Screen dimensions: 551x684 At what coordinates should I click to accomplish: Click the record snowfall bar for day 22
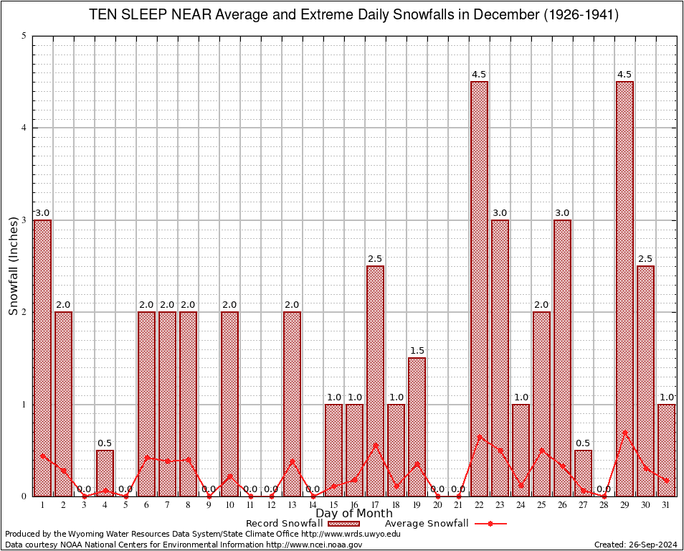tap(479, 287)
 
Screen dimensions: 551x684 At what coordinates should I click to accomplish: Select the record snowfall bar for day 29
tap(624, 287)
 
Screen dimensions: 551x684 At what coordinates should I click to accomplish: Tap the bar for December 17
tap(375, 380)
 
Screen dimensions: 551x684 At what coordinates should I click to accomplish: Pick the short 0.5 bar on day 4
tap(105, 473)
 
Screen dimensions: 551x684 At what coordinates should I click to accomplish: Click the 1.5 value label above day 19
tap(417, 351)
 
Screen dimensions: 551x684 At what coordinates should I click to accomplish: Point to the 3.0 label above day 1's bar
tap(42, 213)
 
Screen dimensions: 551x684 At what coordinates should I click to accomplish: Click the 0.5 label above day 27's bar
tap(583, 443)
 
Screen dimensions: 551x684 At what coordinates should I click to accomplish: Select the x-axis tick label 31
tap(666, 505)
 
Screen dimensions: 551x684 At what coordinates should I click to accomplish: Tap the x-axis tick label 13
tap(292, 505)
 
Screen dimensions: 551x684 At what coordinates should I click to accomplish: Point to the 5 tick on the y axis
tap(24, 36)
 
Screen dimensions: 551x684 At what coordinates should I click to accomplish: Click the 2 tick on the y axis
tap(24, 312)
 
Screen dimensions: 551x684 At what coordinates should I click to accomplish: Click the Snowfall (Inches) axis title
tap(14, 265)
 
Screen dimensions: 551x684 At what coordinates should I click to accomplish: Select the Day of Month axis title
tap(353, 514)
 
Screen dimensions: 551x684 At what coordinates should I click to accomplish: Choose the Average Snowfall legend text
tap(426, 524)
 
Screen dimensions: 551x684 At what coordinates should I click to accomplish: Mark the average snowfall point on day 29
tap(624, 433)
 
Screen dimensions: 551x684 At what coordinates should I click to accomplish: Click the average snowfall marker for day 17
tap(375, 445)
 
